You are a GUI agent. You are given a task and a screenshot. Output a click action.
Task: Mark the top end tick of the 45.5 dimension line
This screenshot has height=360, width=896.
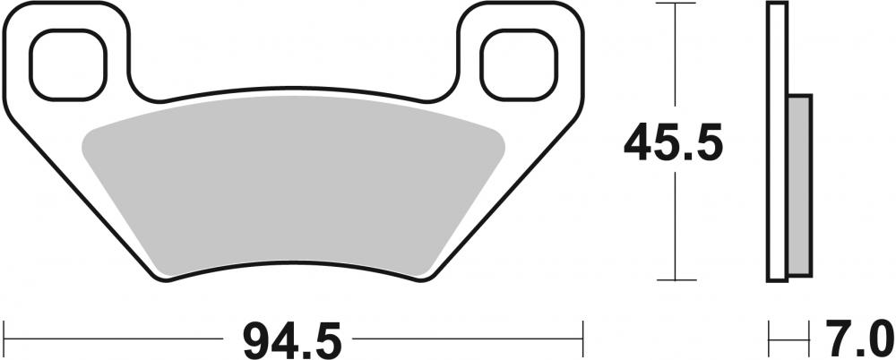(x=673, y=4)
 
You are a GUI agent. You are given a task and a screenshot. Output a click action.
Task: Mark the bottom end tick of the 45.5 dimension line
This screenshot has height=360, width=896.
(x=673, y=279)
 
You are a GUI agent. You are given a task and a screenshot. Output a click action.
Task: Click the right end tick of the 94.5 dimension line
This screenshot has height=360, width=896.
(x=583, y=339)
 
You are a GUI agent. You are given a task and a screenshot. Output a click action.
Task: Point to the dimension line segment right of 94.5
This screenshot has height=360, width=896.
(x=466, y=339)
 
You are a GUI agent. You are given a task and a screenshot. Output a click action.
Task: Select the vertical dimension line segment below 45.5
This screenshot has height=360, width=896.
(x=673, y=224)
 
